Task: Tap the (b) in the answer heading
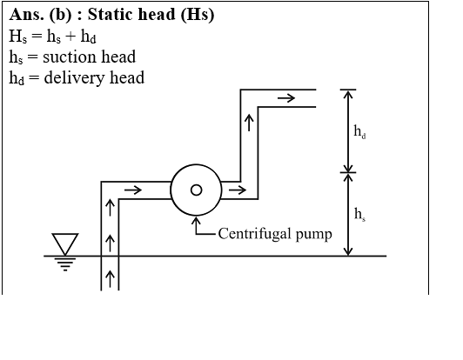click(61, 15)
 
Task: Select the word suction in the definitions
click(70, 57)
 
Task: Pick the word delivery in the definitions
click(74, 78)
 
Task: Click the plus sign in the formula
click(70, 37)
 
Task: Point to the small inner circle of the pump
click(197, 190)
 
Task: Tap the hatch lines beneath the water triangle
click(65, 264)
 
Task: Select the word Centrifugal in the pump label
click(254, 234)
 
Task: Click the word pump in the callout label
click(313, 235)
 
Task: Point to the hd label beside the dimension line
click(359, 131)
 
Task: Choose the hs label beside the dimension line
click(359, 214)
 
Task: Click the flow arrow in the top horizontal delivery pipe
click(286, 98)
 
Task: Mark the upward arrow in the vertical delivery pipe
click(250, 123)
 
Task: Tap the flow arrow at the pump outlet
click(237, 190)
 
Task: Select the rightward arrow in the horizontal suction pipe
click(133, 190)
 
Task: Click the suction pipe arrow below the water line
click(110, 279)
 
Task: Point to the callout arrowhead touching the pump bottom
click(196, 221)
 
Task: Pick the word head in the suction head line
click(118, 57)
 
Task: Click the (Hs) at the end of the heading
click(198, 15)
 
